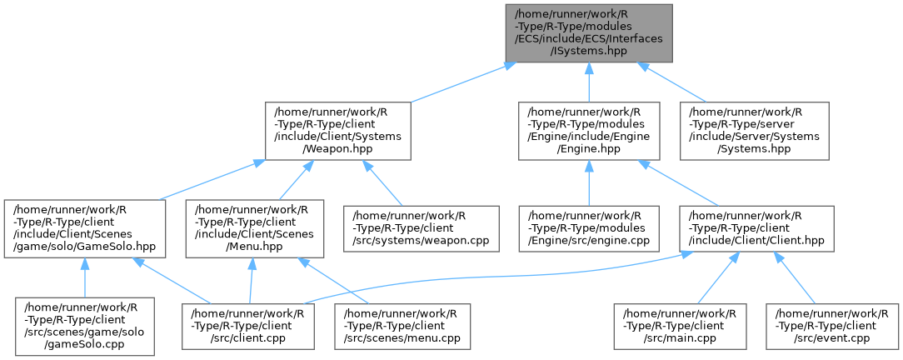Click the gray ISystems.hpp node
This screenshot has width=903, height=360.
point(588,32)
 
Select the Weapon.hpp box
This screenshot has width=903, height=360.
point(337,131)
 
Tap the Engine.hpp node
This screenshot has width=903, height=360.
point(588,131)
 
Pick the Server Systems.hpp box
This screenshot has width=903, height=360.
point(755,131)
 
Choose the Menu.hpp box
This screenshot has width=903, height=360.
point(249,230)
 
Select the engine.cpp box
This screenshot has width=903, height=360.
point(589,230)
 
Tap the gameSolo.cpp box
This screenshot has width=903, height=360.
point(84,326)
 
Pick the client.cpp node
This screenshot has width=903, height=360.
point(249,326)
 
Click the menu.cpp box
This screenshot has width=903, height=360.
point(402,326)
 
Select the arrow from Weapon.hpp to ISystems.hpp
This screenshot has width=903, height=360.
point(458,82)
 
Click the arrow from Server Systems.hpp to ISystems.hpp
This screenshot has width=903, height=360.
point(679,82)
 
